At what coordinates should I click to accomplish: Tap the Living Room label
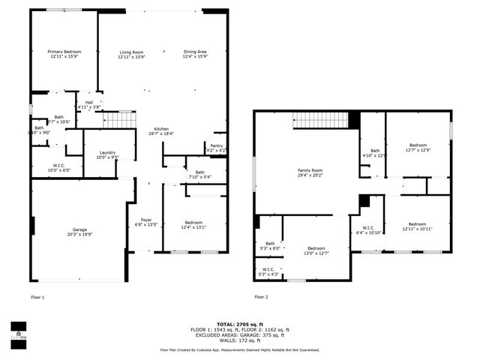coord(131,54)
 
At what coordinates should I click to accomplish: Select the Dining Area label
coord(195,54)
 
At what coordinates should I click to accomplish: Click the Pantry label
coord(216,148)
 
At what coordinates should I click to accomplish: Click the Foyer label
coord(146,222)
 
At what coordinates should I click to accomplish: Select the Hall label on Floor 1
coord(89,104)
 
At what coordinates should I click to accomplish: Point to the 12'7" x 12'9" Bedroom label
coord(418,147)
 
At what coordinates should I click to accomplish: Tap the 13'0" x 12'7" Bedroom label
coord(316,250)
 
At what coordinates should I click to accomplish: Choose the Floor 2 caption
coord(260,297)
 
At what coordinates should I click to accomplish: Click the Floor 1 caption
coord(37,297)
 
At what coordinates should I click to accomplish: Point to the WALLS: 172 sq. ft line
coord(240,340)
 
